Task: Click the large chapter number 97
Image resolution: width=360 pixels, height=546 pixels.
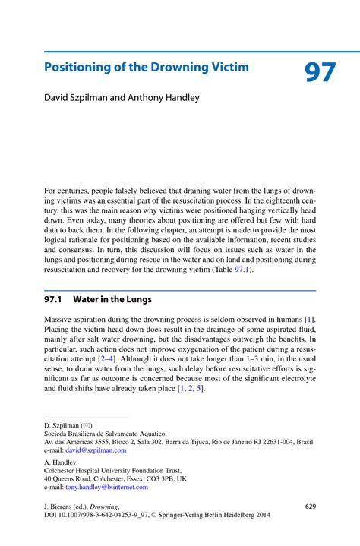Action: pos(320,73)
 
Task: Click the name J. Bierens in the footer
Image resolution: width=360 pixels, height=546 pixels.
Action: pos(60,506)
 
